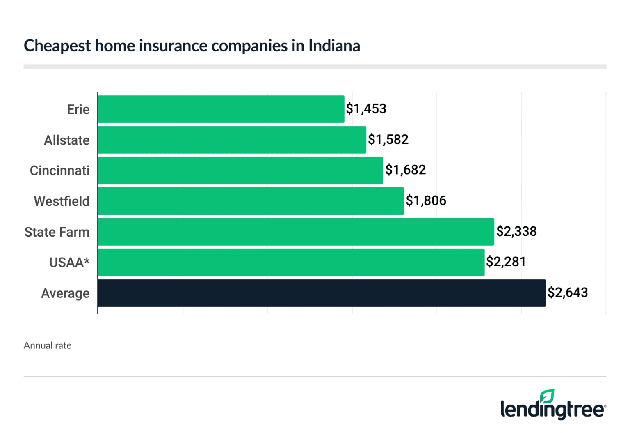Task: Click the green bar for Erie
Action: [221, 109]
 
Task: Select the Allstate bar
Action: [232, 140]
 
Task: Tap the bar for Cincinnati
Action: [241, 170]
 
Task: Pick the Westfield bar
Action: [251, 201]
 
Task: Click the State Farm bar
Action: [296, 232]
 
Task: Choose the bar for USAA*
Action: [291, 262]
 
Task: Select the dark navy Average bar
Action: [322, 293]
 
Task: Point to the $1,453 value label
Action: [366, 109]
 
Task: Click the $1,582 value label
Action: [388, 140]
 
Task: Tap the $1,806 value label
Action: [426, 201]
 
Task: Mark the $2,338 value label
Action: [516, 232]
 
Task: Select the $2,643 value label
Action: [568, 293]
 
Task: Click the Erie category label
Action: [78, 110]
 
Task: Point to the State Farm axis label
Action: [57, 232]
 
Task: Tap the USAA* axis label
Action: [69, 263]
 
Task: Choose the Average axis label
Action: [65, 293]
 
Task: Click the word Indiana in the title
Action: [334, 46]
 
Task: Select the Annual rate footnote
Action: [48, 345]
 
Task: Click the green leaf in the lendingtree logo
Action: [547, 396]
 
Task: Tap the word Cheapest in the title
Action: [57, 46]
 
